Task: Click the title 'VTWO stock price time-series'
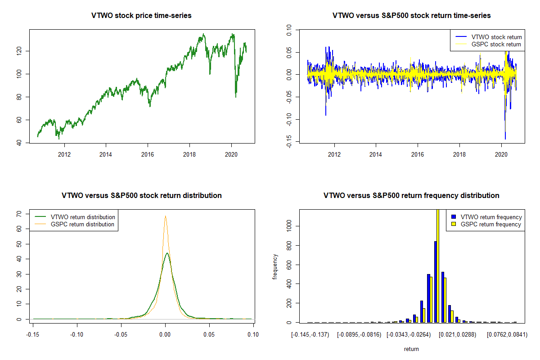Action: [142, 16]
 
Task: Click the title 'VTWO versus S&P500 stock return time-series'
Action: [411, 16]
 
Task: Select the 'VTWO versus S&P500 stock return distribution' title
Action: [142, 196]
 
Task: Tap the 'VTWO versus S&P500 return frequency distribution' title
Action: [411, 196]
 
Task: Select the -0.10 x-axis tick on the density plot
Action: [77, 334]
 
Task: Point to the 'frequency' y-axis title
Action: [275, 266]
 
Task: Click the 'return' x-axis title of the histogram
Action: [411, 349]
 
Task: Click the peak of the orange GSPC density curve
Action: [166, 216]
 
